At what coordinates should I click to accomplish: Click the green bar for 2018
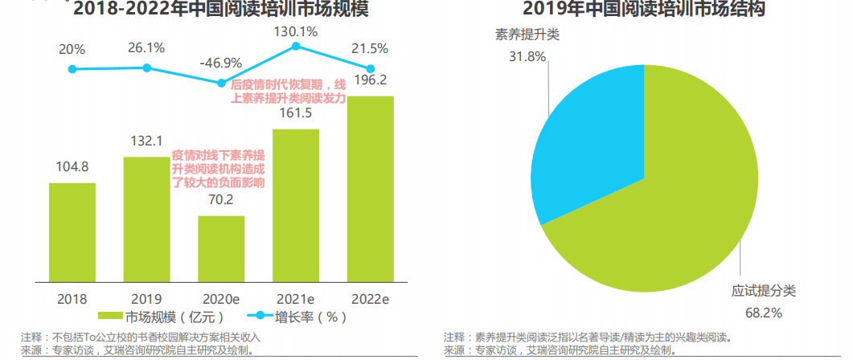(x=72, y=232)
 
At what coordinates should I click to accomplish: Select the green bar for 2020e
(x=221, y=248)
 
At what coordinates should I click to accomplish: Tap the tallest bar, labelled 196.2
(x=371, y=189)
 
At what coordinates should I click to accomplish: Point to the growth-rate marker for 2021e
(x=296, y=47)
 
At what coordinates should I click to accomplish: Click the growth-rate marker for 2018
(x=72, y=69)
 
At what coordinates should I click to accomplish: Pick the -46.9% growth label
(x=221, y=63)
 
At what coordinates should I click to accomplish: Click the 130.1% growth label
(x=296, y=32)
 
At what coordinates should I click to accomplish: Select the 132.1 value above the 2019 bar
(x=146, y=141)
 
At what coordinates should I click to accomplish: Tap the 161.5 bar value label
(x=296, y=113)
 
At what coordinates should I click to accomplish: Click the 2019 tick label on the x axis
(x=146, y=298)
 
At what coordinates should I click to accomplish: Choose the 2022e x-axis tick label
(x=371, y=298)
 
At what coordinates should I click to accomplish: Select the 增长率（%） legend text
(x=310, y=316)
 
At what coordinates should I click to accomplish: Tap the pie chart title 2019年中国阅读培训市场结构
(x=643, y=10)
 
